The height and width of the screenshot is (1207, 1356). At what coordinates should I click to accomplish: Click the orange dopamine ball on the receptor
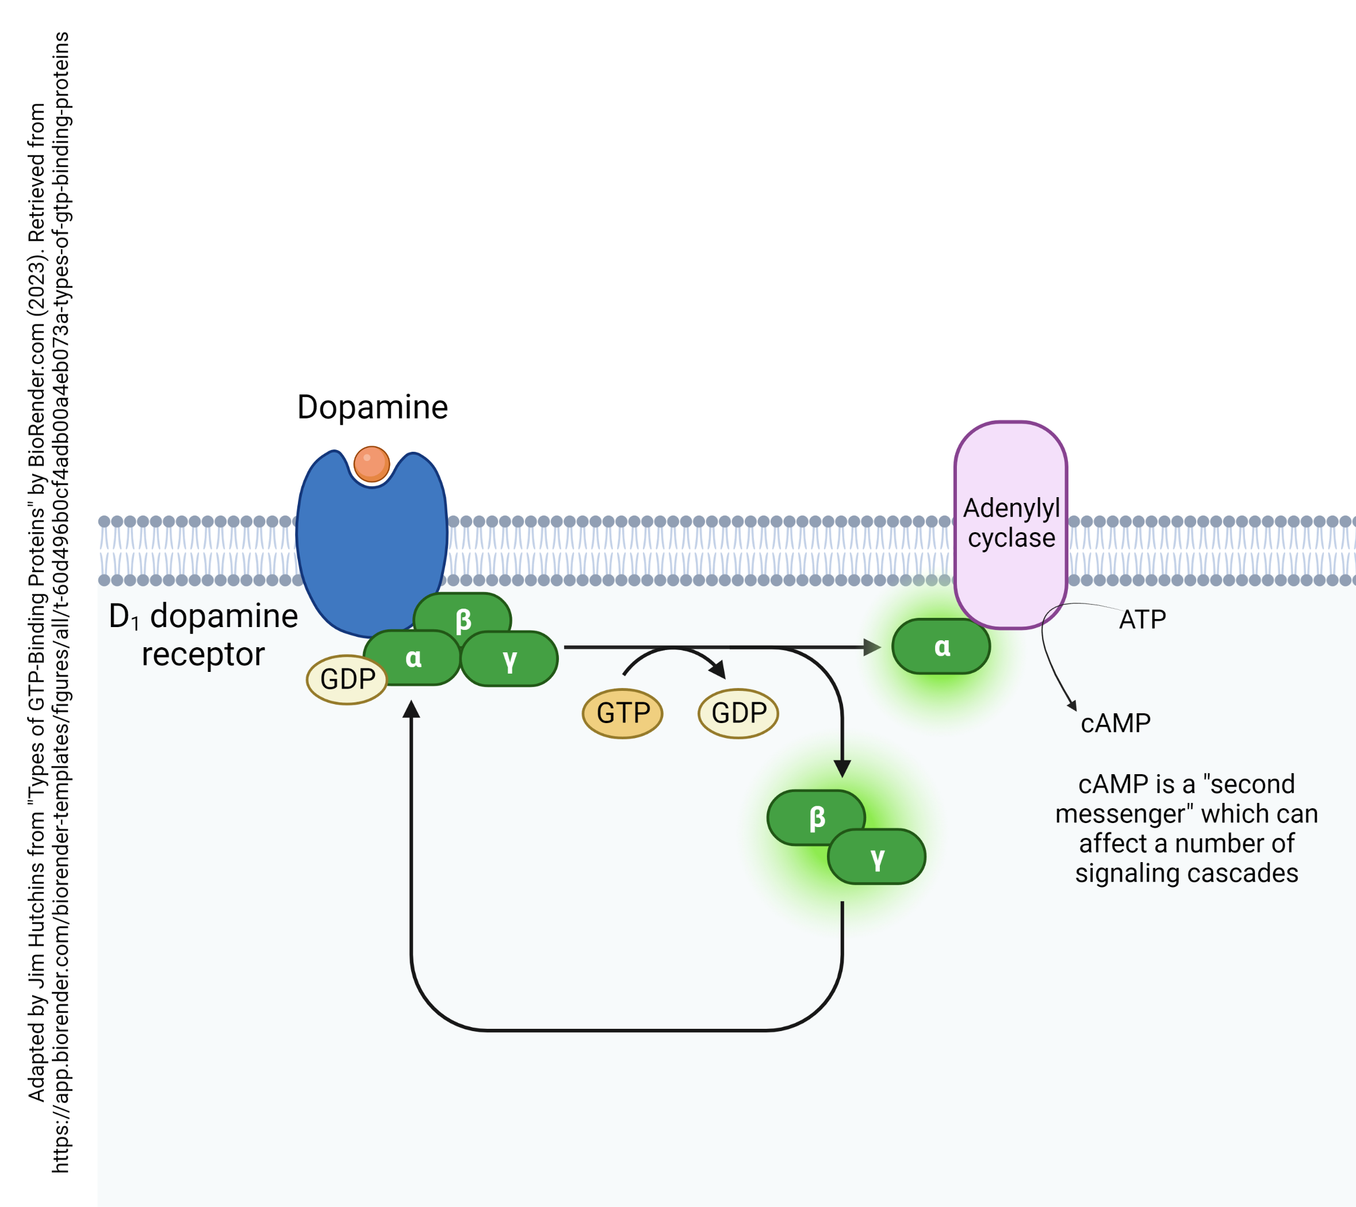pyautogui.click(x=371, y=464)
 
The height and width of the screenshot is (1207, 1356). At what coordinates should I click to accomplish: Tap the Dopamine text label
pyautogui.click(x=372, y=407)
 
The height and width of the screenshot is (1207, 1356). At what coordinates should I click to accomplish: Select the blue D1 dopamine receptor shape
pyautogui.click(x=371, y=551)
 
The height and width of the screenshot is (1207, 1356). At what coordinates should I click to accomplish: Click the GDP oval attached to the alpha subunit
pyautogui.click(x=346, y=679)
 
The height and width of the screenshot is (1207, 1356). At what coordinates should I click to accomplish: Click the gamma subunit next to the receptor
pyautogui.click(x=510, y=659)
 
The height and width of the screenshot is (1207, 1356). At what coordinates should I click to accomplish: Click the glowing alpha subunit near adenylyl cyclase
pyautogui.click(x=941, y=647)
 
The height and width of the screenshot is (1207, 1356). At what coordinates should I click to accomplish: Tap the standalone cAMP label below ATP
pyautogui.click(x=1115, y=723)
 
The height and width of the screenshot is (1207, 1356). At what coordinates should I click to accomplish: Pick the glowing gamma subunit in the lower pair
pyautogui.click(x=877, y=858)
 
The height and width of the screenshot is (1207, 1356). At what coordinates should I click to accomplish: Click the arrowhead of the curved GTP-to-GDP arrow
pyautogui.click(x=718, y=670)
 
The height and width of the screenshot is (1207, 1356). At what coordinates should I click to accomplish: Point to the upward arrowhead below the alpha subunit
pyautogui.click(x=411, y=710)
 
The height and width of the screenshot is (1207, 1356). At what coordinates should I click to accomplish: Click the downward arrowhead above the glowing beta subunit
pyautogui.click(x=842, y=768)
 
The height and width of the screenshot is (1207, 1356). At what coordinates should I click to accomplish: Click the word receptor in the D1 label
pyautogui.click(x=203, y=655)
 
